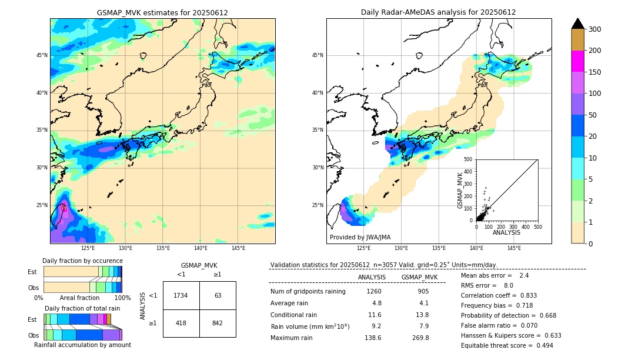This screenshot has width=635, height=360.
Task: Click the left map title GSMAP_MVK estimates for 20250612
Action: tap(162, 12)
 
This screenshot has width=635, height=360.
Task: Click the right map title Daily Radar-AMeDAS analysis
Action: tap(438, 12)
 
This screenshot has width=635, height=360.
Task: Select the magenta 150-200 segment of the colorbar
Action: tap(577, 61)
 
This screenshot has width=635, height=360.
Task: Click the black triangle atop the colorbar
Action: tap(577, 24)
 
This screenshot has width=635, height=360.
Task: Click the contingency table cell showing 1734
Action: tap(181, 295)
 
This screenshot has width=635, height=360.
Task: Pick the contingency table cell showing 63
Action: tap(218, 295)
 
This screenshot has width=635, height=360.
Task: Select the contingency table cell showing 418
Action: tap(181, 323)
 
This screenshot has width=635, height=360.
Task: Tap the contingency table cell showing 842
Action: tap(218, 323)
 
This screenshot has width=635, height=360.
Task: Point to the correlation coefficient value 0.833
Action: tap(524, 295)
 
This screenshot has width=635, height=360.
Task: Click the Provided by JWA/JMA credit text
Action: tap(360, 237)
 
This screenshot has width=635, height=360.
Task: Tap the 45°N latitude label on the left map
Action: tap(42, 55)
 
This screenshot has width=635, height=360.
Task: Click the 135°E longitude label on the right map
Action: tap(439, 248)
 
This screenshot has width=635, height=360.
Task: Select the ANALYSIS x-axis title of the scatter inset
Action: tap(506, 232)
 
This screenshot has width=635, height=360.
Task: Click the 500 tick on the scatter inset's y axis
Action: tap(468, 159)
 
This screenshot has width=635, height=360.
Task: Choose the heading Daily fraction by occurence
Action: tap(82, 261)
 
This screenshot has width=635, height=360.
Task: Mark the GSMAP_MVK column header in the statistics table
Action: tap(419, 277)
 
